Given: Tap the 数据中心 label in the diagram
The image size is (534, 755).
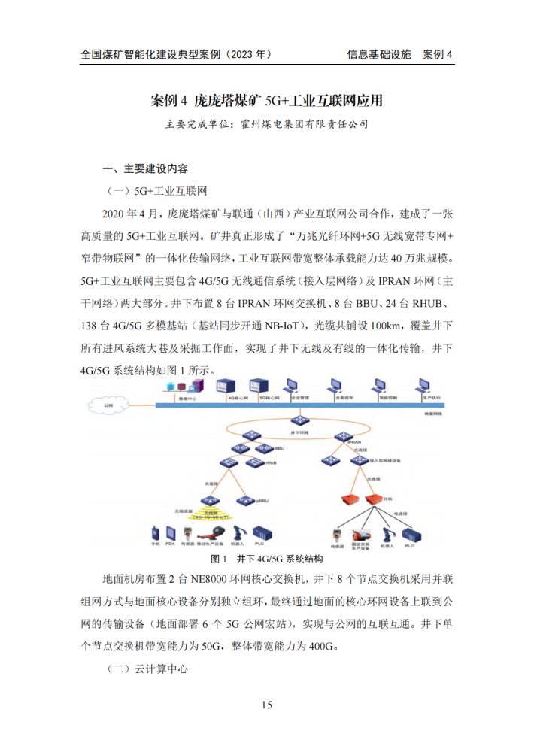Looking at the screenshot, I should tap(187, 399).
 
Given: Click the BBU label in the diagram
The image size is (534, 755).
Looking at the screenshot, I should tap(280, 448).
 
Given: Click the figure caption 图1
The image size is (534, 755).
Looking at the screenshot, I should tap(220, 559).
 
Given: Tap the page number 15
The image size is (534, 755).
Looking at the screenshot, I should tap(267, 705).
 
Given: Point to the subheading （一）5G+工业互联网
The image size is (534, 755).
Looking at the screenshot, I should tap(156, 190).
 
